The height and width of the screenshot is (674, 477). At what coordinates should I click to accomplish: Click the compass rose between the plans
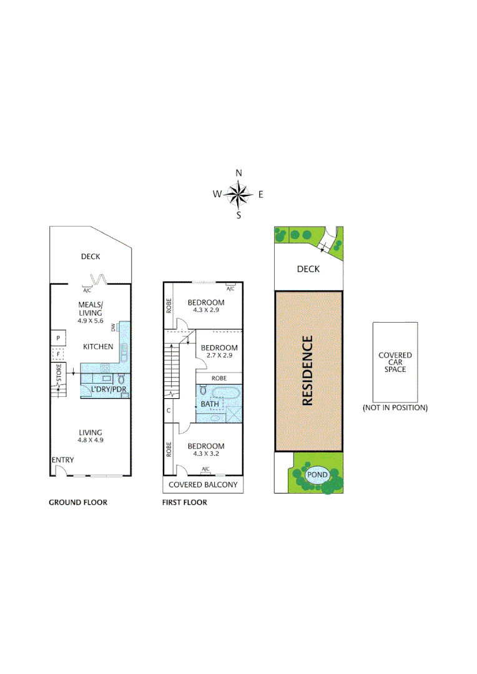[x=238, y=194]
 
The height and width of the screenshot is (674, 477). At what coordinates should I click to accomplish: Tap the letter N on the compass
[x=238, y=173]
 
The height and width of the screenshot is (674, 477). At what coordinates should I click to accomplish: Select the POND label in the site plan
[x=317, y=475]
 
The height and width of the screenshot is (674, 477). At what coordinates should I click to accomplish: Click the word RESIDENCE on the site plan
[x=307, y=371]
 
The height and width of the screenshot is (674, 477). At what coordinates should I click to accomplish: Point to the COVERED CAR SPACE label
[x=395, y=363]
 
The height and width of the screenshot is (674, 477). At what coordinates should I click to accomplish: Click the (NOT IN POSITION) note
[x=395, y=408]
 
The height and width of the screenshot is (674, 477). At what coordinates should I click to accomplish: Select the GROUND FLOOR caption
[x=78, y=502]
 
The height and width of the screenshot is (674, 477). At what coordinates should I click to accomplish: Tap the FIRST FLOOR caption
[x=184, y=502]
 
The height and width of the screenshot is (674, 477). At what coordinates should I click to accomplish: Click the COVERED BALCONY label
[x=203, y=485]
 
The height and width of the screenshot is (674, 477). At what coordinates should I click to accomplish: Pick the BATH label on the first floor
[x=210, y=404]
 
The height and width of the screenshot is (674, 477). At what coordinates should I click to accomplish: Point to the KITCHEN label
[x=99, y=346]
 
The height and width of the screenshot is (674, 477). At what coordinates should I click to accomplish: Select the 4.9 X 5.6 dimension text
[x=90, y=321]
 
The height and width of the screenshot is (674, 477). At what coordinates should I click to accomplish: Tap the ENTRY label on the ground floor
[x=62, y=460]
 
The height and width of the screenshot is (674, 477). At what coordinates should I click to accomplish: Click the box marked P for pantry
[x=57, y=338]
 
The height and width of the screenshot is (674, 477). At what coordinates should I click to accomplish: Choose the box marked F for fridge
[x=57, y=354]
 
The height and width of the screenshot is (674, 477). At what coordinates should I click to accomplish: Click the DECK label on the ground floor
[x=90, y=256]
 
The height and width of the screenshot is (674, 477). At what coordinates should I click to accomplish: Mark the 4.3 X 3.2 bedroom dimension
[x=206, y=454]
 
